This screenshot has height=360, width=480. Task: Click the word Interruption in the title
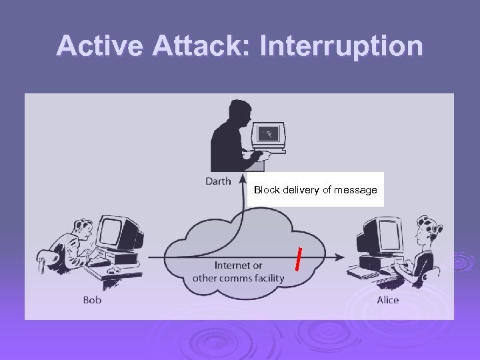[341, 46]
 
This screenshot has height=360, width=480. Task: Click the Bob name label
[92, 300]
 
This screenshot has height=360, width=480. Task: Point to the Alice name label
[388, 300]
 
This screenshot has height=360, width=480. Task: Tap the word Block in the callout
[267, 190]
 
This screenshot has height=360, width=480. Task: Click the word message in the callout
[355, 190]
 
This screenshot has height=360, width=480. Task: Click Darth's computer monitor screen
[270, 134]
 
